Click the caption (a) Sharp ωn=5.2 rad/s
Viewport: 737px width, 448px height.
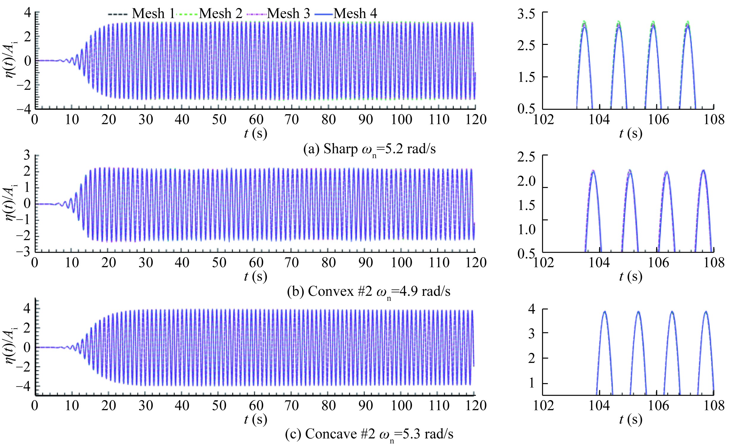(370, 149)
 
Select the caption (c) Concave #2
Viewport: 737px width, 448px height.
(369, 434)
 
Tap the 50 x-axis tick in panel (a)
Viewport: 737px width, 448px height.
(219, 120)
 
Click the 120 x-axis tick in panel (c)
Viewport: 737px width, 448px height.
(476, 405)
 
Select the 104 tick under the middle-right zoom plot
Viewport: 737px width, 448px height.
(599, 263)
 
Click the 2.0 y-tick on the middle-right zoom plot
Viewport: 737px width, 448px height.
(526, 181)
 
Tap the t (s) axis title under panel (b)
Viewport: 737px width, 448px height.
(255, 276)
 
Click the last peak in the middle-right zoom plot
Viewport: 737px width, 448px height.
(703, 171)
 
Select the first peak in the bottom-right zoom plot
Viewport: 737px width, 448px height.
(605, 312)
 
